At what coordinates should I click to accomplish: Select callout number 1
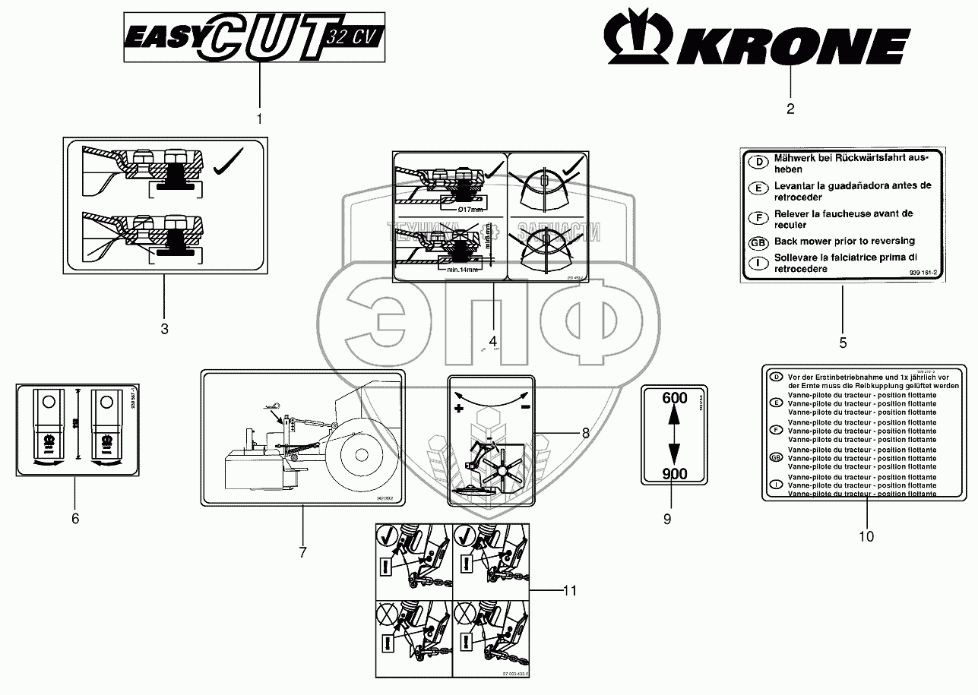click(x=259, y=118)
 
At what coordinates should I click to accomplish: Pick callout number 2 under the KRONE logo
click(x=790, y=109)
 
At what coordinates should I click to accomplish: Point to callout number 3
click(x=164, y=329)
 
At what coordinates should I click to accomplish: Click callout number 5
click(x=843, y=343)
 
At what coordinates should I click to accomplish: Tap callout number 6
click(x=74, y=519)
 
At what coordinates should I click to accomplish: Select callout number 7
click(x=302, y=552)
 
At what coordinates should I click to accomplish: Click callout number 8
click(x=584, y=434)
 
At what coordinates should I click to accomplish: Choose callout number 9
click(x=667, y=520)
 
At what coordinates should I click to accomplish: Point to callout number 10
click(x=866, y=536)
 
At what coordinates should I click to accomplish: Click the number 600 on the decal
click(x=675, y=398)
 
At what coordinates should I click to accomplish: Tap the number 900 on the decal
click(x=675, y=474)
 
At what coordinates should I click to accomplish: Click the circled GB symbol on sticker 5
click(x=755, y=242)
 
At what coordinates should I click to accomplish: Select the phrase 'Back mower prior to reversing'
click(x=834, y=242)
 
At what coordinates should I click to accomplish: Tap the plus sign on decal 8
click(x=459, y=409)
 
